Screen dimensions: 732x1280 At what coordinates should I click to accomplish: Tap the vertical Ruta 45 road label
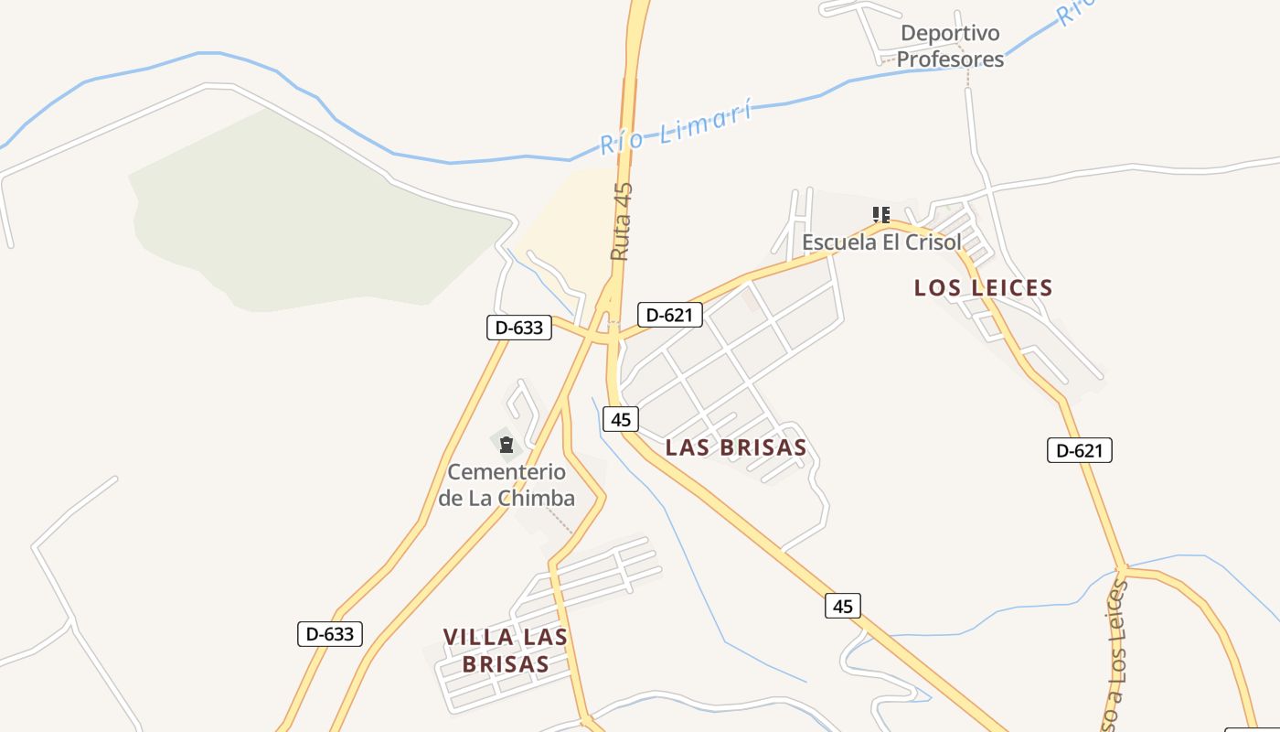click(x=622, y=221)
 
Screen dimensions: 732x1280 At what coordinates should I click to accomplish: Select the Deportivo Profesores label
click(x=950, y=47)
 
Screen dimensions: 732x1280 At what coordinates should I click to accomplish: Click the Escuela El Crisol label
click(x=881, y=242)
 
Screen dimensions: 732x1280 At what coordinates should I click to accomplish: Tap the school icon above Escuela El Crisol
click(x=881, y=215)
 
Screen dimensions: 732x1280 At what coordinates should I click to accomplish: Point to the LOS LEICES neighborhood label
click(x=983, y=288)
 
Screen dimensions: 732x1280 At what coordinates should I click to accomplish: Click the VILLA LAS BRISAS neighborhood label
click(x=506, y=651)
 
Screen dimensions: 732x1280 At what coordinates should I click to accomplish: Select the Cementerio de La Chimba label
click(x=507, y=486)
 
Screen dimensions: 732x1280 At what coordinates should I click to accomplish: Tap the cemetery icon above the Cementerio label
click(x=507, y=446)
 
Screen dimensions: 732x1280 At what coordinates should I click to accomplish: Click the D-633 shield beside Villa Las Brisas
click(x=330, y=633)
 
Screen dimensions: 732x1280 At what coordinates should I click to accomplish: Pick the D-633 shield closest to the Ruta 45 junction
click(x=519, y=328)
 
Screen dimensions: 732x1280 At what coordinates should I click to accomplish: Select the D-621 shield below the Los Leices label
click(x=1080, y=450)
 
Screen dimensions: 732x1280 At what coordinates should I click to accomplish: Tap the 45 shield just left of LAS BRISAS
click(x=621, y=420)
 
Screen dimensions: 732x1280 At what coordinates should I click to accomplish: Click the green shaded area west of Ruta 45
click(x=302, y=220)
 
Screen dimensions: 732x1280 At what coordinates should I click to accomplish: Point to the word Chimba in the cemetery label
click(x=534, y=499)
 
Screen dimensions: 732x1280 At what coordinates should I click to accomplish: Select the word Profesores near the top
click(x=950, y=59)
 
